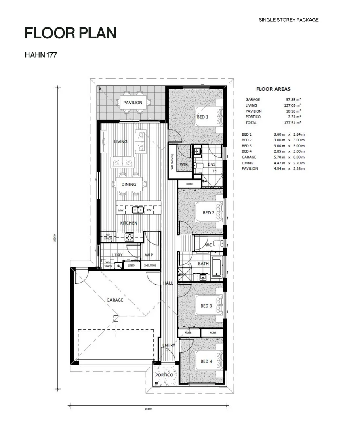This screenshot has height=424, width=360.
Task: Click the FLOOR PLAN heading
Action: [70, 33]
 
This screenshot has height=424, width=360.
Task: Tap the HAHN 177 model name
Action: [40, 55]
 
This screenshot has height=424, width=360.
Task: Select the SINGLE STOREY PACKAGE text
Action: [288, 20]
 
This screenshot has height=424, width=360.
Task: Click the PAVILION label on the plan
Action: [133, 103]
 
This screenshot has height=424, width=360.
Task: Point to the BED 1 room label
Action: [202, 117]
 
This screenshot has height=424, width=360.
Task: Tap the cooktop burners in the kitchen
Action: [129, 237]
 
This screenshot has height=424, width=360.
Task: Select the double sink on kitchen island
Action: [138, 210]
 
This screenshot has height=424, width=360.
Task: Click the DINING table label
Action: [129, 185]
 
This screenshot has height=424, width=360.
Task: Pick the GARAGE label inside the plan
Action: [115, 300]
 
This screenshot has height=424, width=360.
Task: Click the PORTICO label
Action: [164, 375]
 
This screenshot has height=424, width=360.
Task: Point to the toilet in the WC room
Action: [218, 243]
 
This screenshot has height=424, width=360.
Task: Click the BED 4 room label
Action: [206, 361]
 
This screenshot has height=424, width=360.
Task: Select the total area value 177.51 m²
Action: [293, 122]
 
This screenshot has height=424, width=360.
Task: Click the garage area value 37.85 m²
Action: [293, 99]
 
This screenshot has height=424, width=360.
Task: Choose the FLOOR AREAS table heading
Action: [273, 89]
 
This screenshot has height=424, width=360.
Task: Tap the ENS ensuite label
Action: [212, 164]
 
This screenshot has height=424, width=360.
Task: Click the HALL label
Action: [168, 283]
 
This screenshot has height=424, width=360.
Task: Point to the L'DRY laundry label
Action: [117, 255]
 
